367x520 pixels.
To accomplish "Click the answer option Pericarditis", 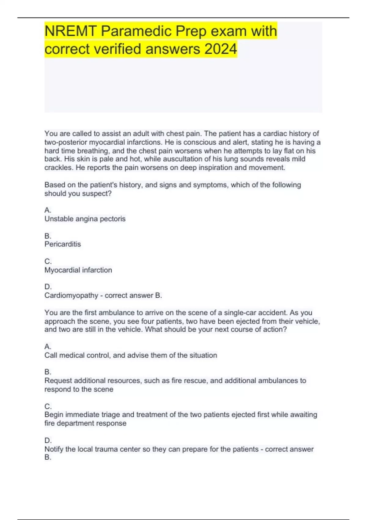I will click(x=63, y=244).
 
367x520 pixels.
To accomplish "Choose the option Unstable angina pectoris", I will click(x=85, y=219).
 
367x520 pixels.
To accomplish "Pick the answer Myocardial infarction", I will click(x=78, y=270).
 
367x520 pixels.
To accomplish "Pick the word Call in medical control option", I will click(x=51, y=355).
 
